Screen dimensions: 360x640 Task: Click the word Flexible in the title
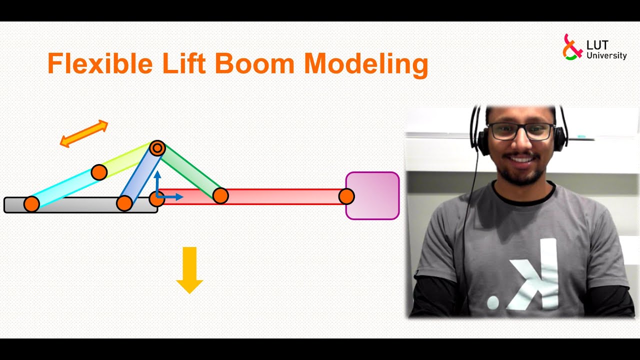pos(99,64)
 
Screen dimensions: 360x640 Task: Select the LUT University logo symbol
pos(572,47)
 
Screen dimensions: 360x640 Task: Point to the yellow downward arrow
pos(189,269)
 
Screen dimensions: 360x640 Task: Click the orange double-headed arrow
pos(84,133)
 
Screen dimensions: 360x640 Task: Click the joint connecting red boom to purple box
pos(346,196)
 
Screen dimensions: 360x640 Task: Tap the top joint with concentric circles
pos(157,148)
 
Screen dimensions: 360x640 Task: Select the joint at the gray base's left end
pos(31,204)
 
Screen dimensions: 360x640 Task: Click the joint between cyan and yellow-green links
pos(99,172)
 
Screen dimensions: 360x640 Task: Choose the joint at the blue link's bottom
pos(124,203)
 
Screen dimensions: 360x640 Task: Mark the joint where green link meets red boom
pos(220,195)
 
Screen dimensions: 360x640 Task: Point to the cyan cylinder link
pos(65,188)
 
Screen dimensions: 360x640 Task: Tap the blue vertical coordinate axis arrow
pos(157,182)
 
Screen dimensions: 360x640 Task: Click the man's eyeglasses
pos(520,131)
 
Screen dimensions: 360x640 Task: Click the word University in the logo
pos(606,56)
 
